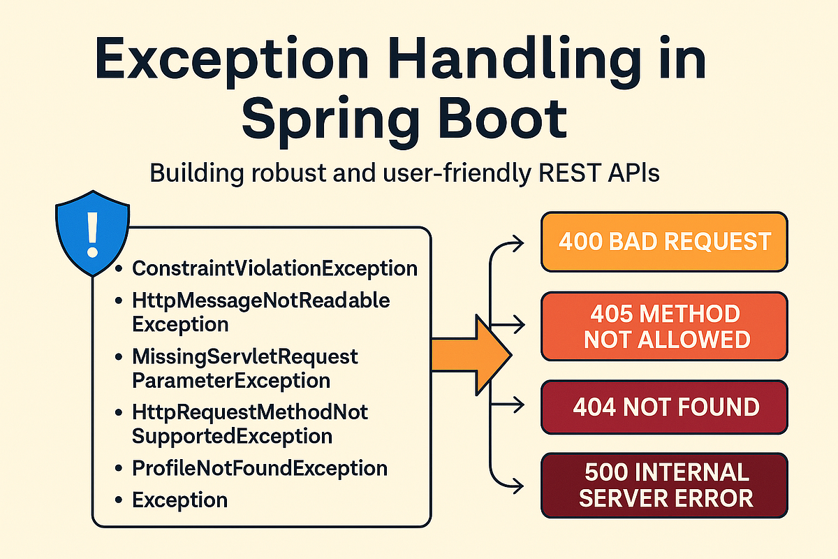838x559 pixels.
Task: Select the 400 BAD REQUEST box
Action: point(663,242)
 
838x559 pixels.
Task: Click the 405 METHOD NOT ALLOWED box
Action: point(663,326)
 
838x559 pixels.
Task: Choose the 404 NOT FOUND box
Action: point(663,407)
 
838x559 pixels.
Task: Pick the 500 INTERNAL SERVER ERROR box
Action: point(663,486)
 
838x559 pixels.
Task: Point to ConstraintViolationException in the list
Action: point(275,268)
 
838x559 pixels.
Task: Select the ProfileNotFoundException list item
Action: point(260,468)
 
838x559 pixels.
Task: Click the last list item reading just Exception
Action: point(179,500)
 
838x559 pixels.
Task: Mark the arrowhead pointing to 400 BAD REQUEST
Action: point(518,242)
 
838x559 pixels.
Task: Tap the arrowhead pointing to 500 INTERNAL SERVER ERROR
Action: point(518,485)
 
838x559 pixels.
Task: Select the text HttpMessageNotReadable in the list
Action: point(261,301)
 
